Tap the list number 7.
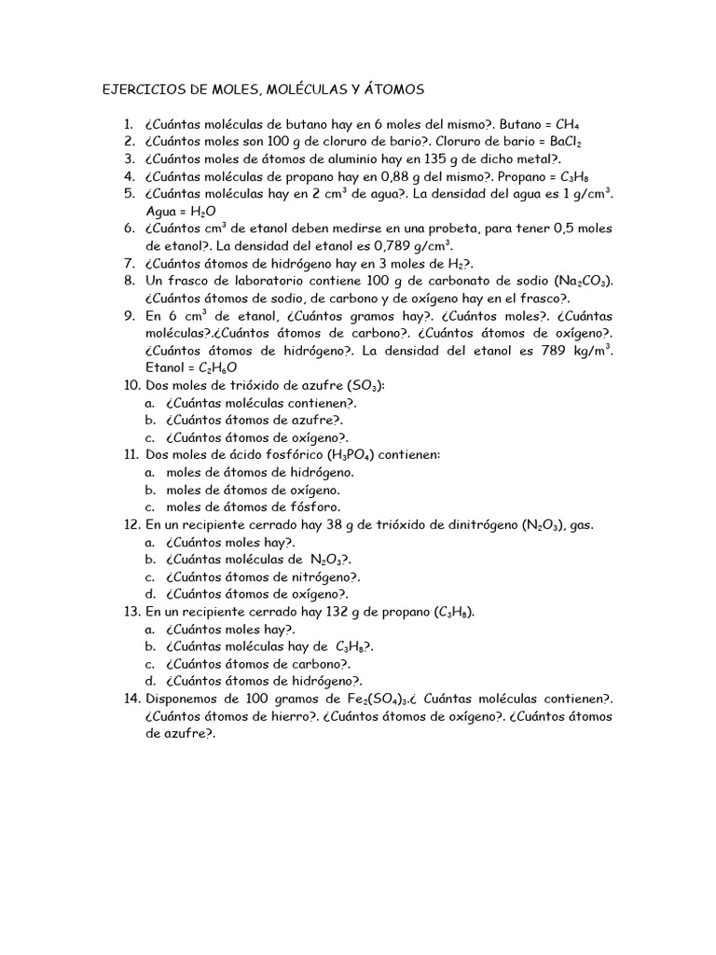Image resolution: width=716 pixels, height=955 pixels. (131, 265)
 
